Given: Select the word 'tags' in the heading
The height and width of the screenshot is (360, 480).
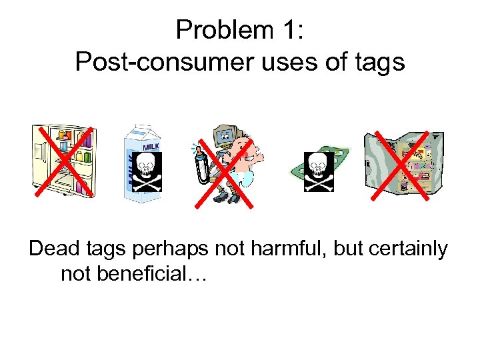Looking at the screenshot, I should [x=379, y=63].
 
